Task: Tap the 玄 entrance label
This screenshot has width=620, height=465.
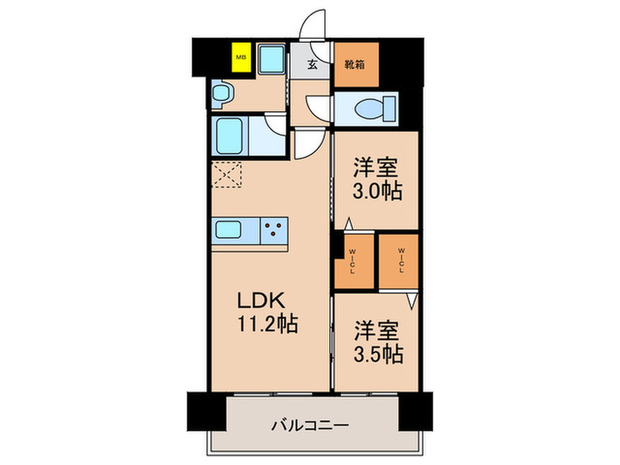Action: [x=314, y=64]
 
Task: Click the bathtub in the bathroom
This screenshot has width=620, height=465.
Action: [x=230, y=136]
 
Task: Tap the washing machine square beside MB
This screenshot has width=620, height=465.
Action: [x=271, y=61]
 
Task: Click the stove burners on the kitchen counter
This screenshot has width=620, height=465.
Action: [x=275, y=230]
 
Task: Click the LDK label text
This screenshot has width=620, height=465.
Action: [x=257, y=300]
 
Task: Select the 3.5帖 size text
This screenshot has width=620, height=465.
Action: [x=376, y=354]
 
